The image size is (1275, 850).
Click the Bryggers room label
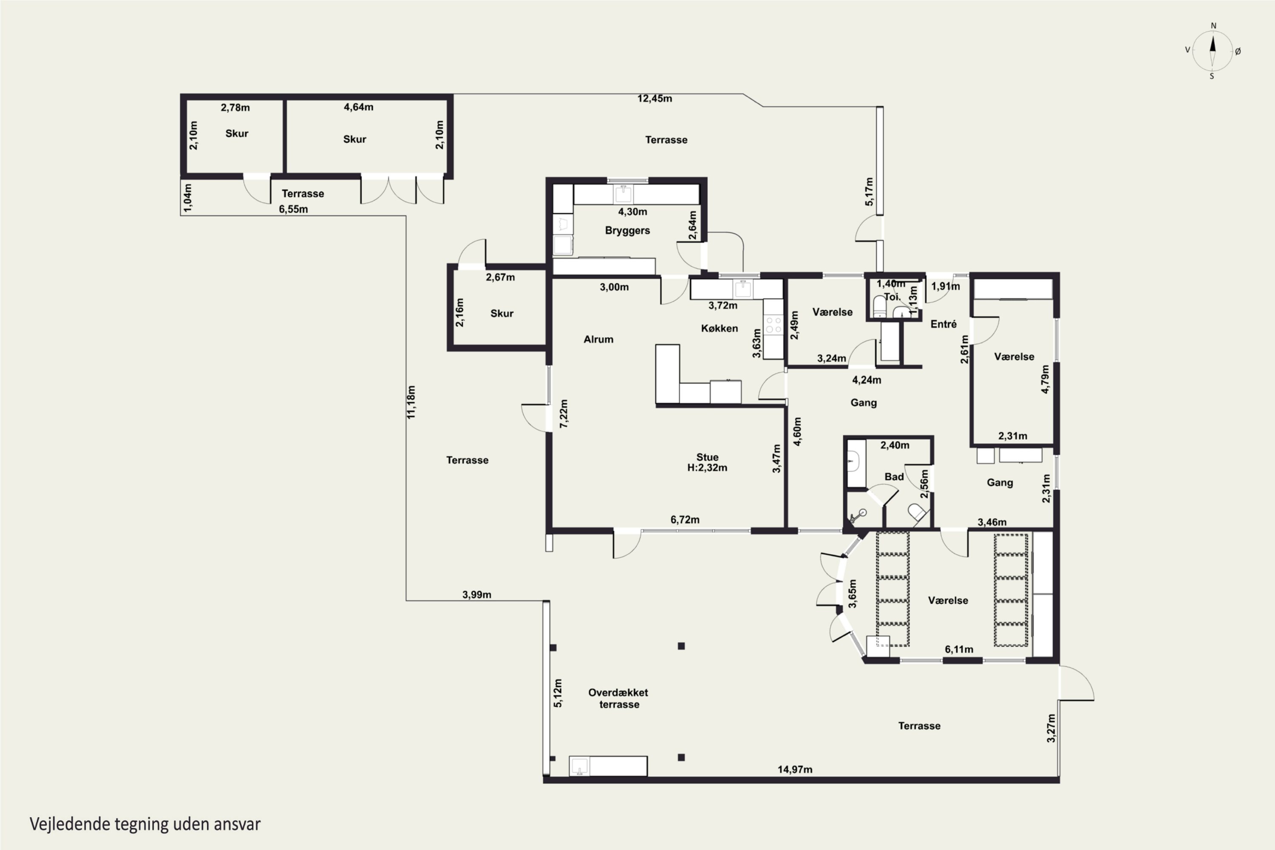pos(627,230)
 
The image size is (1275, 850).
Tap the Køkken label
pos(720,328)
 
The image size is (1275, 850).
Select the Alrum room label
pos(598,339)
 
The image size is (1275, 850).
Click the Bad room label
pos(894,476)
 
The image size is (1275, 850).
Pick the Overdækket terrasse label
pos(618,698)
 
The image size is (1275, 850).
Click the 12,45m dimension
pos(654,99)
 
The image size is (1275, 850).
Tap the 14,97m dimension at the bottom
pos(795,769)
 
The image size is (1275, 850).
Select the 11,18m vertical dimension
pos(411,402)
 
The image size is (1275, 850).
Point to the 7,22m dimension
pos(564,414)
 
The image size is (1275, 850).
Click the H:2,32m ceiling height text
pos(707,467)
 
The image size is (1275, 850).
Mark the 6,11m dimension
pos(959,649)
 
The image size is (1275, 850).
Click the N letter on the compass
pos(1213,25)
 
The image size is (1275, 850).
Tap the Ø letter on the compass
pos(1238,51)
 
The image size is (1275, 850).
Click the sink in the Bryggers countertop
pos(623,193)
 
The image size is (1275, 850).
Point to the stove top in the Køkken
pos(773,325)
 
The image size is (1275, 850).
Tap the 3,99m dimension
pos(476,595)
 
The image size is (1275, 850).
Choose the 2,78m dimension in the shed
pos(235,108)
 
